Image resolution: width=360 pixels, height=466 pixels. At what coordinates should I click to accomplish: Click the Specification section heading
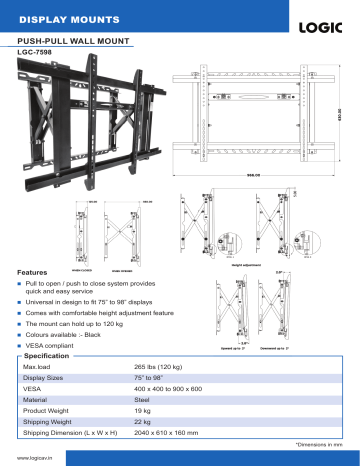tap(46, 357)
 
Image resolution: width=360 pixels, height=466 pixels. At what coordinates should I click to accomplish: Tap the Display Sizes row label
tap(45, 381)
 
